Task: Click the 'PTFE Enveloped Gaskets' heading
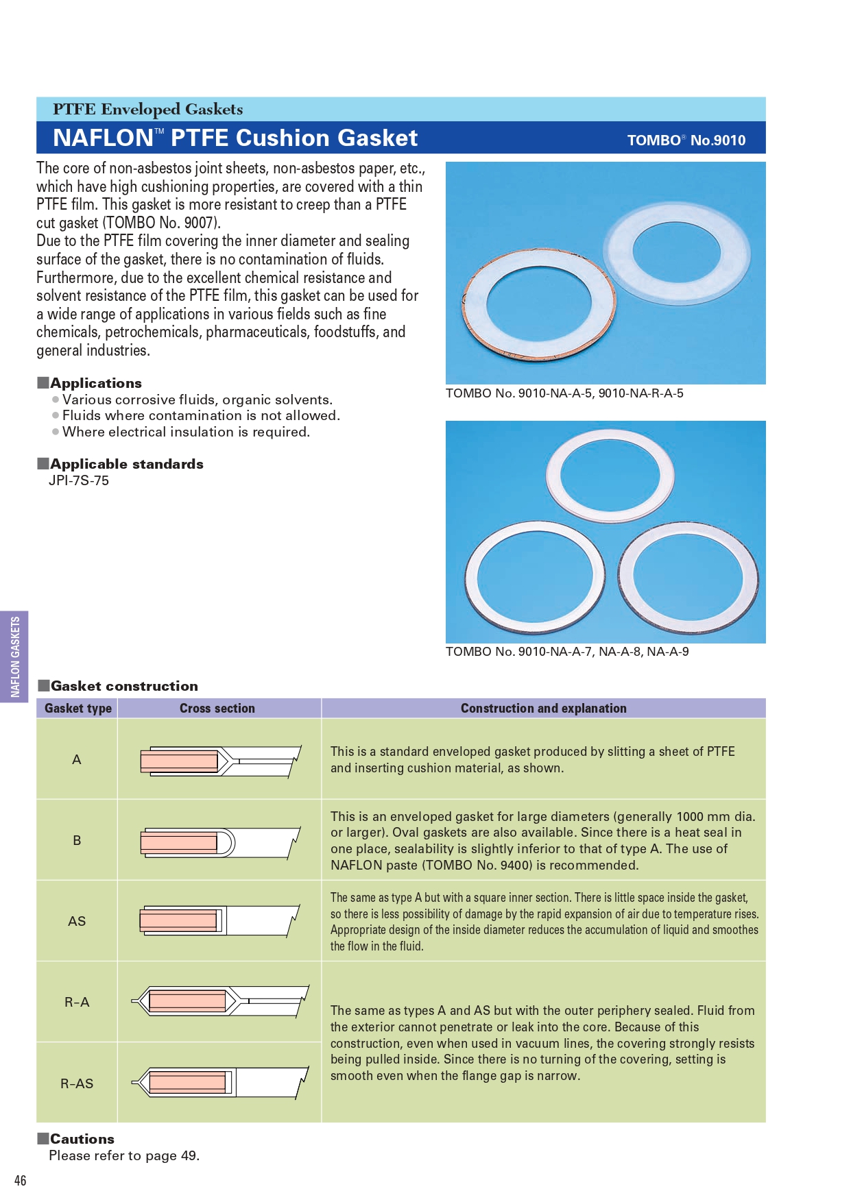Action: tap(147, 109)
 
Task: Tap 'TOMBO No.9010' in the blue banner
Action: tap(686, 140)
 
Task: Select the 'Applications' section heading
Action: tap(96, 383)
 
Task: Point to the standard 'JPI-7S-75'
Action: tap(79, 480)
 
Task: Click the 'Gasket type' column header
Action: tap(77, 708)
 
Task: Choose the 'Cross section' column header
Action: tap(217, 708)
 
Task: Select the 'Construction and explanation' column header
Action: tap(543, 708)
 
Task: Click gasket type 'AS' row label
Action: tap(77, 921)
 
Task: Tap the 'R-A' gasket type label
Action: tap(77, 1002)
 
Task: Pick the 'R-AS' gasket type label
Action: tap(77, 1083)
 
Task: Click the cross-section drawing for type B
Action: tap(219, 842)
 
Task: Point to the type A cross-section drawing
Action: tap(219, 761)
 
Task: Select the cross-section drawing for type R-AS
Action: tap(219, 1083)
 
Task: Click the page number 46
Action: tap(21, 1180)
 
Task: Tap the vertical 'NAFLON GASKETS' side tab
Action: tap(15, 656)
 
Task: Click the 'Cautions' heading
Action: tap(82, 1139)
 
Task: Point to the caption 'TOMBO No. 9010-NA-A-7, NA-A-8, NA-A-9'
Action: tap(567, 651)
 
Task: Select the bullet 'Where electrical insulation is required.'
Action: tap(186, 432)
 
